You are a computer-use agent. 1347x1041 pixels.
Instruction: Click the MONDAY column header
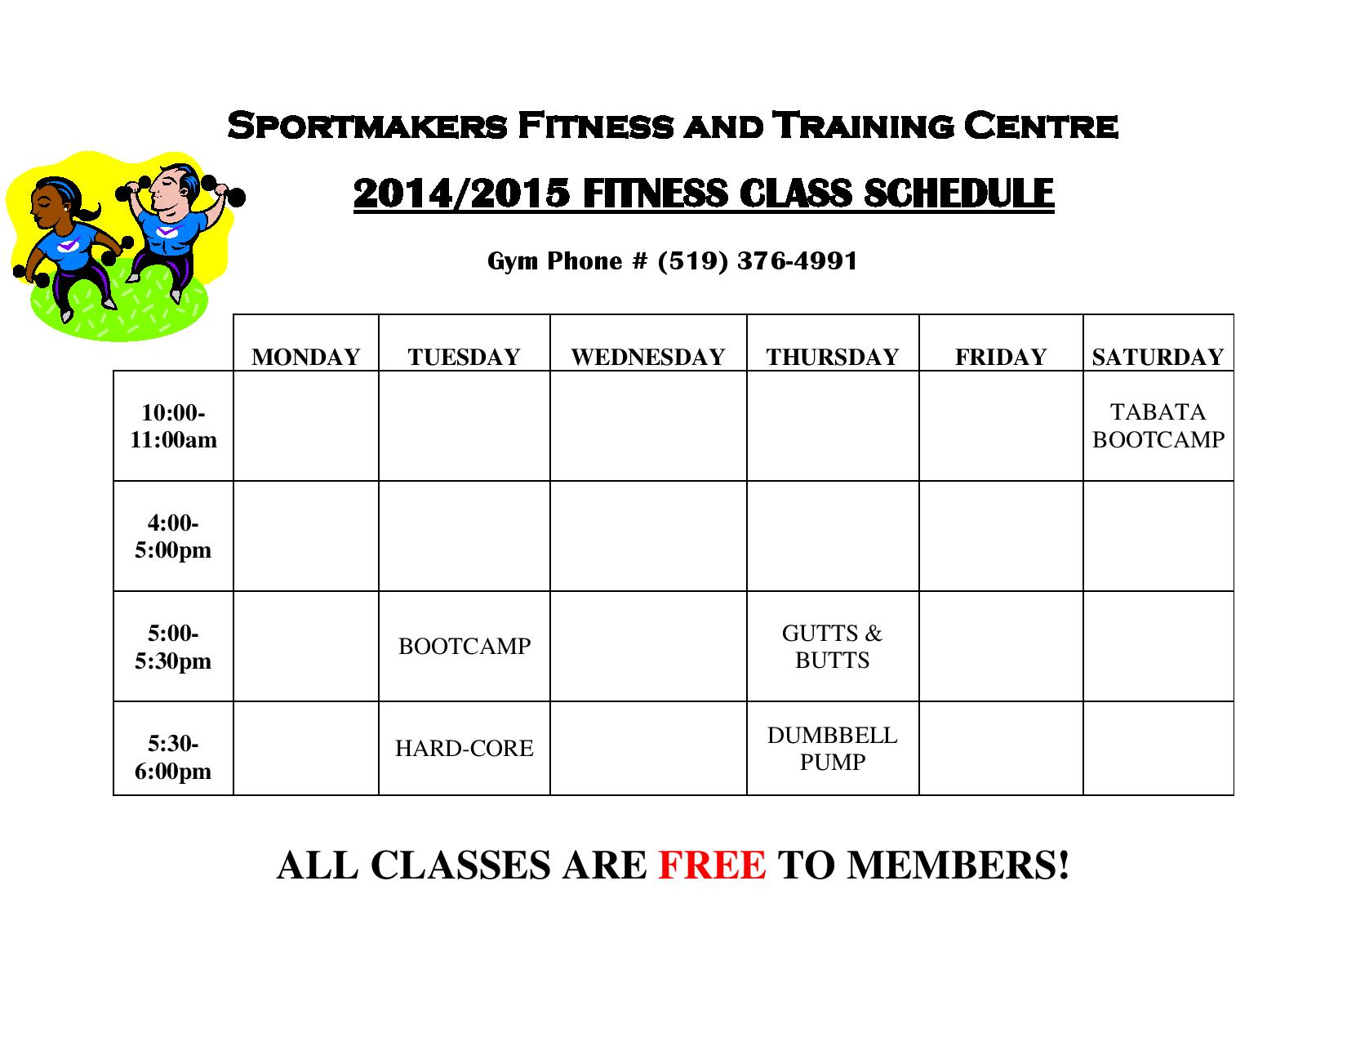point(305,357)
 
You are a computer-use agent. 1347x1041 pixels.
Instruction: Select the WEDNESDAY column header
point(647,357)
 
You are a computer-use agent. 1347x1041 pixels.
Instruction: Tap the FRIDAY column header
point(1001,357)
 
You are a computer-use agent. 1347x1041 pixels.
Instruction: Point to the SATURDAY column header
point(1158,357)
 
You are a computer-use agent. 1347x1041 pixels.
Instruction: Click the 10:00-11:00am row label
point(173,425)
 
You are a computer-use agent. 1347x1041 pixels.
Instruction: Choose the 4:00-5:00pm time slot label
point(173,536)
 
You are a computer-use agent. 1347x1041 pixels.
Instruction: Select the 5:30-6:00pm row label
point(173,756)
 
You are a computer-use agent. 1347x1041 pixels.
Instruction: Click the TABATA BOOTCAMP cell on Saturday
point(1158,425)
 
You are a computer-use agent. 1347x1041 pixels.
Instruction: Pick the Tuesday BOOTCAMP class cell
point(465,646)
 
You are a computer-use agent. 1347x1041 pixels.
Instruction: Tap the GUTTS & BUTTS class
point(832,646)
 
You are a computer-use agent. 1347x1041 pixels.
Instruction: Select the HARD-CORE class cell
point(465,748)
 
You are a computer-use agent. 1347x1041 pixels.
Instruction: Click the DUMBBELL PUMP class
point(832,748)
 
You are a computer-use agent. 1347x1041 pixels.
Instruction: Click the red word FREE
point(712,865)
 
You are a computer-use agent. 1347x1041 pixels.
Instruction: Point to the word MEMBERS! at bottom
point(958,865)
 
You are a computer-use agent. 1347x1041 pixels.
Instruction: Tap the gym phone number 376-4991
point(797,260)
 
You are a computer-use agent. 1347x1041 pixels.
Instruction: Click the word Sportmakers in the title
point(367,125)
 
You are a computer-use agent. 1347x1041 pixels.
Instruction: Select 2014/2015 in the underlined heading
point(461,194)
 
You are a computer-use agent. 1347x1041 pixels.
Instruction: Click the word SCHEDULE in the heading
point(958,193)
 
